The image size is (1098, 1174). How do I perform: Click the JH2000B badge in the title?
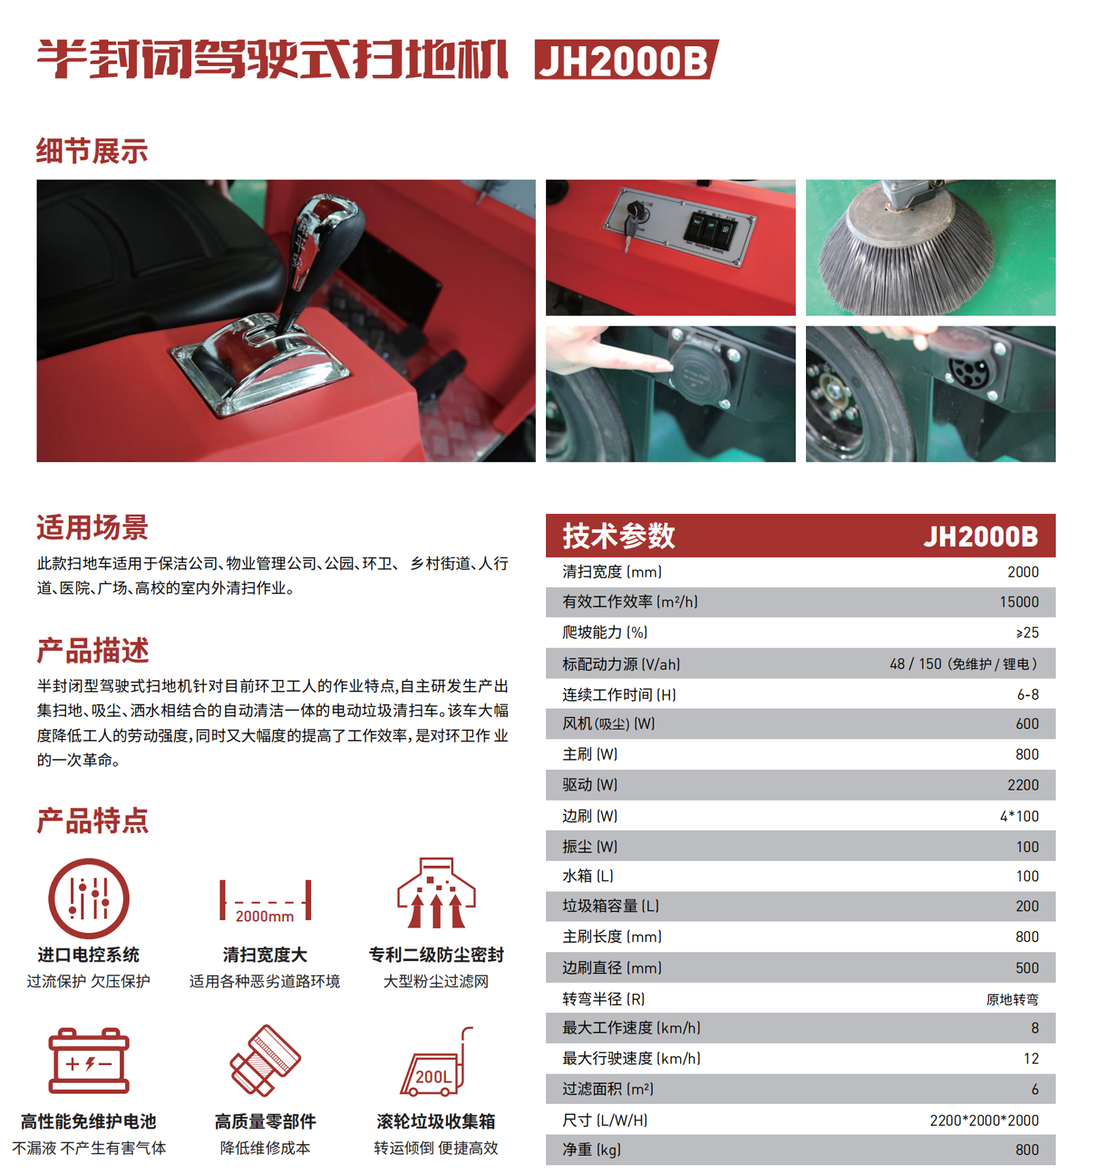click(627, 59)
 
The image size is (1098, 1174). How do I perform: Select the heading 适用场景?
click(93, 527)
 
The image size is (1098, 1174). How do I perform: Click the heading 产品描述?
click(93, 650)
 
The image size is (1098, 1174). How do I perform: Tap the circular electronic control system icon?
click(89, 898)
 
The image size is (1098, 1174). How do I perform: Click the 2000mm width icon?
click(265, 902)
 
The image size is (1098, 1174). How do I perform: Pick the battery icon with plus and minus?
click(89, 1061)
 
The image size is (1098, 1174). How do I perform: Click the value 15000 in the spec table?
click(1019, 602)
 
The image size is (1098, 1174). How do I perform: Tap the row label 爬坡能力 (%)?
click(605, 632)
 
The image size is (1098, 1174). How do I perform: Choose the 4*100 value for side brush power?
click(1019, 816)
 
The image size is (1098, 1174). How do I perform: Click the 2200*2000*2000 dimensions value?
click(984, 1120)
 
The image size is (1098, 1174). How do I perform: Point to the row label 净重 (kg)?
click(591, 1150)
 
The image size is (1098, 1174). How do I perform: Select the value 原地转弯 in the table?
click(1012, 999)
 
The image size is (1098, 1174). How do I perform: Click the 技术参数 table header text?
click(619, 536)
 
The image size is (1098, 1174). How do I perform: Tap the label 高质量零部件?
click(265, 1121)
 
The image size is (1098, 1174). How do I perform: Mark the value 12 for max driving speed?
click(1031, 1058)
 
